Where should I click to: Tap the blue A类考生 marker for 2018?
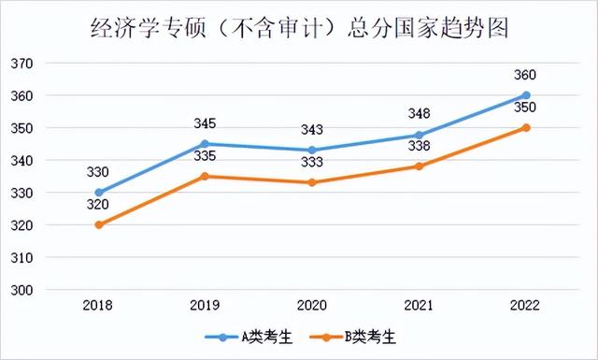(x=99, y=193)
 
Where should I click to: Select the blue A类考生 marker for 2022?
(x=526, y=95)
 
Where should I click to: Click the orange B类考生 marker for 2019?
(x=206, y=176)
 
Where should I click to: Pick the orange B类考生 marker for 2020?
(x=312, y=182)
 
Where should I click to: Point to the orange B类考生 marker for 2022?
(x=526, y=127)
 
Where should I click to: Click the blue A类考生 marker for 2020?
(x=312, y=151)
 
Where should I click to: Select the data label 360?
(x=526, y=76)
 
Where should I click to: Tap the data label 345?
(x=206, y=123)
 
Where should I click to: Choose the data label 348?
(x=420, y=114)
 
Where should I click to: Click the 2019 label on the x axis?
(x=206, y=306)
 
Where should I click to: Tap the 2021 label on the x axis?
(x=420, y=306)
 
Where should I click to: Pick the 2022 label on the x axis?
(x=526, y=306)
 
